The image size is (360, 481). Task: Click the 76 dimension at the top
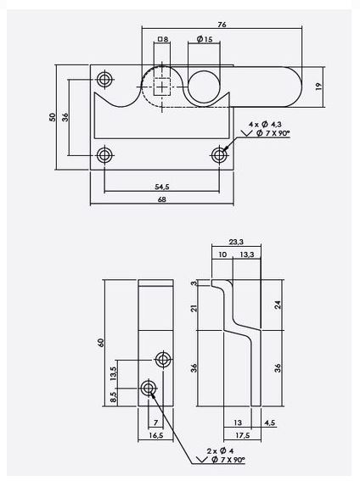point(222,25)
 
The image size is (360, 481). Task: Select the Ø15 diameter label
point(205,39)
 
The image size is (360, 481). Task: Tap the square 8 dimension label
point(163,39)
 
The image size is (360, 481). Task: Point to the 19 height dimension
point(319,87)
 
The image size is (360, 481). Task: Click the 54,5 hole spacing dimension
point(162,187)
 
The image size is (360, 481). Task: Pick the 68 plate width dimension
point(161,199)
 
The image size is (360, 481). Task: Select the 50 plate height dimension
point(53,117)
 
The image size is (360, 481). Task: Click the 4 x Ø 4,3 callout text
point(265,124)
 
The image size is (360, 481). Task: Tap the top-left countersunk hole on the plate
point(104,80)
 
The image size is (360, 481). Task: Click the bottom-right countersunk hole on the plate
point(219,155)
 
